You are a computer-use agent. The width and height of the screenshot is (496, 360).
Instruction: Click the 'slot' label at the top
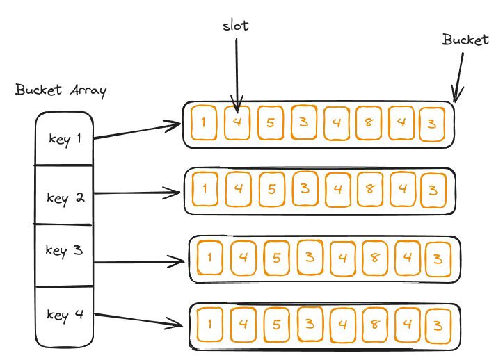pos(236,26)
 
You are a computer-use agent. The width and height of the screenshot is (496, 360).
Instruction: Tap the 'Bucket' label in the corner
pos(465,40)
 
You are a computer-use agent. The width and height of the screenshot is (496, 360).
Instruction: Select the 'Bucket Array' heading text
pos(61,90)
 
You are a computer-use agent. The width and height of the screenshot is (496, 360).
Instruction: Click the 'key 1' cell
pos(65,138)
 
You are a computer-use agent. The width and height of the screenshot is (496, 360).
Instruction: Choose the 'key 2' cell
pos(65,197)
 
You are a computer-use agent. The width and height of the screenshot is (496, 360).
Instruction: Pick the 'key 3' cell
pos(64,250)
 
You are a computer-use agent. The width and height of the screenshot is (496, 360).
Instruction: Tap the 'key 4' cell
pos(65,315)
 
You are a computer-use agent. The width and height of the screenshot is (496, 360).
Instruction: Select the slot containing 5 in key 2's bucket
pos(272,189)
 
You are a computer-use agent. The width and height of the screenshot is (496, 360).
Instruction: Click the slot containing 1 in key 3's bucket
pos(209,259)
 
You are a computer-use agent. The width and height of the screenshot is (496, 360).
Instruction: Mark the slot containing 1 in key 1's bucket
pos(202,123)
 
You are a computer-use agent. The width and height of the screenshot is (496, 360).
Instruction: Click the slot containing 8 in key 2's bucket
pos(369,189)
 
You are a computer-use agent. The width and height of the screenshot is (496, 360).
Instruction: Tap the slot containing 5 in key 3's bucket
pos(276,259)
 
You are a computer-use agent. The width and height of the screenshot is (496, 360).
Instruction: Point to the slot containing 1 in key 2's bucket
pos(203,189)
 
